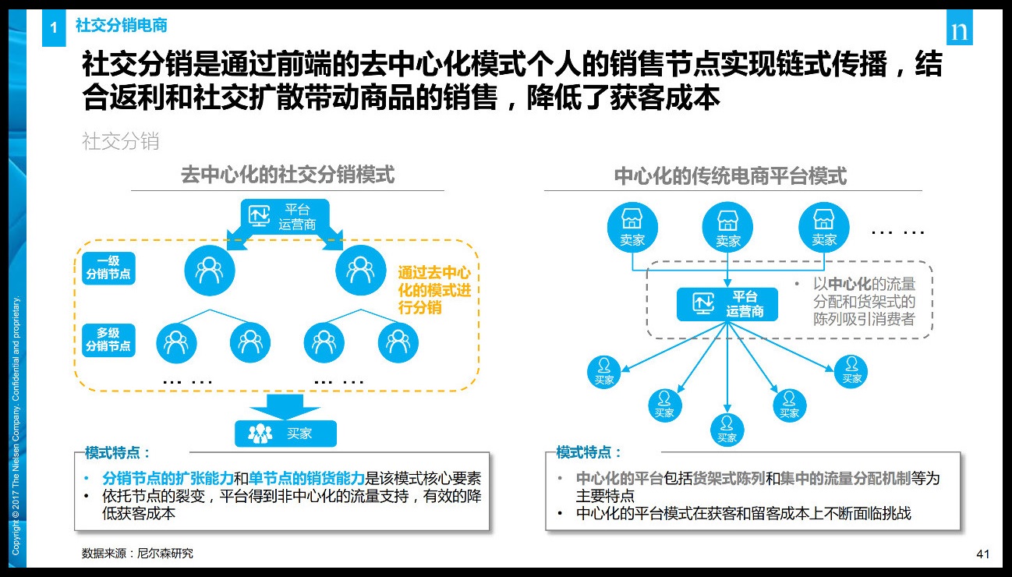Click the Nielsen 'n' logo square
pyautogui.click(x=960, y=27)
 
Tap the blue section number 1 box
pyautogui.click(x=54, y=28)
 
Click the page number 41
pyautogui.click(x=982, y=554)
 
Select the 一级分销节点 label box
pyautogui.click(x=108, y=268)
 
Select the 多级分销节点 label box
pyautogui.click(x=108, y=340)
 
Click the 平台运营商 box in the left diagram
pyautogui.click(x=285, y=217)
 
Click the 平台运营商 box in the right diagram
pyautogui.click(x=727, y=304)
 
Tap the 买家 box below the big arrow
pyautogui.click(x=285, y=434)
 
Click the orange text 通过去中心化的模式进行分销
pyautogui.click(x=434, y=290)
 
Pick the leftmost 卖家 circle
pyautogui.click(x=632, y=227)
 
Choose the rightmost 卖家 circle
pyautogui.click(x=824, y=227)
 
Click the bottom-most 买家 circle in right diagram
pyautogui.click(x=727, y=430)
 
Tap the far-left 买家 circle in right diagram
pyautogui.click(x=604, y=372)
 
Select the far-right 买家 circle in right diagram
pyautogui.click(x=851, y=371)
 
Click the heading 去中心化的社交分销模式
pyautogui.click(x=288, y=175)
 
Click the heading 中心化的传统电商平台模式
pyautogui.click(x=731, y=175)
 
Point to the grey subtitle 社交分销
pyautogui.click(x=121, y=141)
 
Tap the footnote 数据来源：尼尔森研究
pyautogui.click(x=137, y=554)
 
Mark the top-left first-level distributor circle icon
pyautogui.click(x=210, y=271)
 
